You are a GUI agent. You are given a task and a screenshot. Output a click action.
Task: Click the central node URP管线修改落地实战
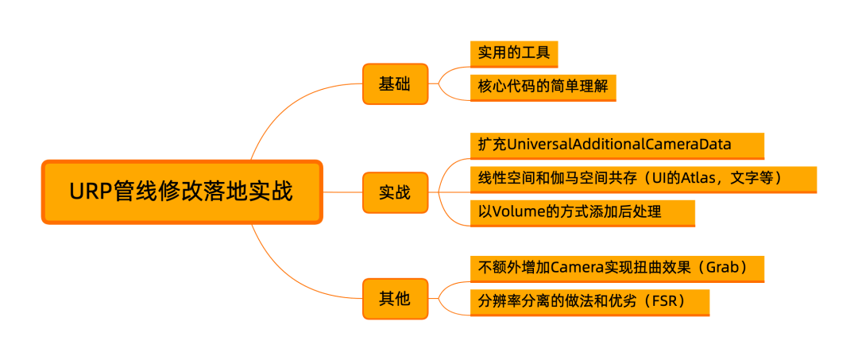click(181, 192)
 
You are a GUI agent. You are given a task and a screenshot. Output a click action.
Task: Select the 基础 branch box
click(395, 83)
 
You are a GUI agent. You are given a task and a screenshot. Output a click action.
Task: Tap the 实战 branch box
click(395, 192)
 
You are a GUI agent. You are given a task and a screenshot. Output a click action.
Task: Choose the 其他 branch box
click(395, 299)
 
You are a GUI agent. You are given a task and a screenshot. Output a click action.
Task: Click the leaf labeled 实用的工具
click(514, 54)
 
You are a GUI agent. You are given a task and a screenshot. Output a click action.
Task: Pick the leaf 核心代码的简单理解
click(543, 86)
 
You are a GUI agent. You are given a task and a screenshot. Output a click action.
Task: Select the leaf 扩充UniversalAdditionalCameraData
click(616, 145)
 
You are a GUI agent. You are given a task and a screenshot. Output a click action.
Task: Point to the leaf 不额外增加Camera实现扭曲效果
click(616, 268)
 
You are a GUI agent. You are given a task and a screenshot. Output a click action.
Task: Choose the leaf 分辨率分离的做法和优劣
click(589, 302)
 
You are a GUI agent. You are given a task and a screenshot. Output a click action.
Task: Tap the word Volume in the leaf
click(516, 212)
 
